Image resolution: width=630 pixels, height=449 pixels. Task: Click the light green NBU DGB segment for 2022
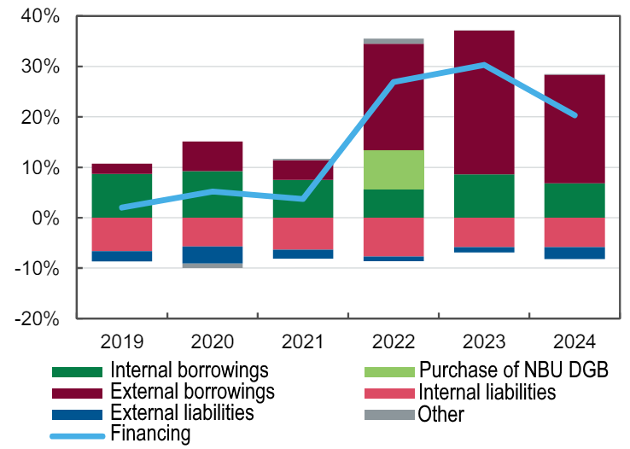tap(394, 170)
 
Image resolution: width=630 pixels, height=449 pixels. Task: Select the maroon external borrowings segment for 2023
tap(484, 102)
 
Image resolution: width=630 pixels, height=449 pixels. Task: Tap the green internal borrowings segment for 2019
tap(122, 195)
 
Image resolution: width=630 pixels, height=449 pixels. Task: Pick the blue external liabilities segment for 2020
tap(213, 254)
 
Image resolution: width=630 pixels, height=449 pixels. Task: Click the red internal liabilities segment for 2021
tap(303, 234)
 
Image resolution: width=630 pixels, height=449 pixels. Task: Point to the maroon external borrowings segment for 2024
tap(575, 129)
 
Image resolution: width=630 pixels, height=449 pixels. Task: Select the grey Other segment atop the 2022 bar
tap(394, 41)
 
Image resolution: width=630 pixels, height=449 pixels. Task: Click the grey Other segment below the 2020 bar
tap(213, 265)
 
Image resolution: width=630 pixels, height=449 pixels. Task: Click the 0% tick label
tap(46, 219)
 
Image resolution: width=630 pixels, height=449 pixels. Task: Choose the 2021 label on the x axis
tap(303, 343)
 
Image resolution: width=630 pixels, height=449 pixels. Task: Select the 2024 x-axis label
tap(575, 343)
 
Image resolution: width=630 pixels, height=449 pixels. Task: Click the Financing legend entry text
tap(150, 434)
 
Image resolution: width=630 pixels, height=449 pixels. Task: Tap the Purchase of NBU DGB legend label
tap(512, 371)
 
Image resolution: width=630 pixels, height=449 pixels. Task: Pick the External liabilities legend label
tap(182, 413)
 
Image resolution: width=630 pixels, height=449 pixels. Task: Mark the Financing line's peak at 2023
tap(484, 65)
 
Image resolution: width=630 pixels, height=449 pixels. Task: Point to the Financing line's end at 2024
tap(575, 115)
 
